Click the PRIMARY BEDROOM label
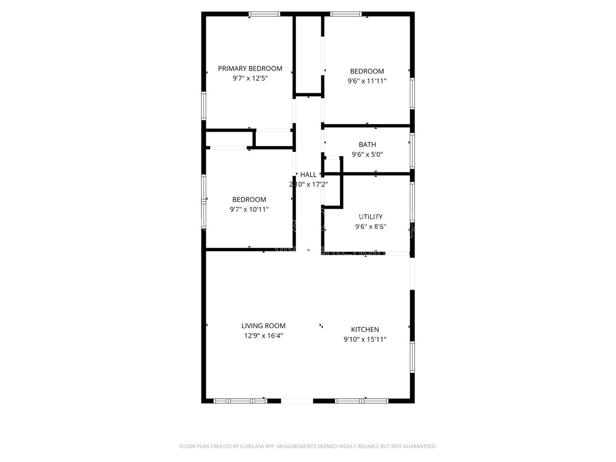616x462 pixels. point(250,68)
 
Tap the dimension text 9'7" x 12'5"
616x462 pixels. point(250,78)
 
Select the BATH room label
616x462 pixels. point(367,145)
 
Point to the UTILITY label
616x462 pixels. point(370,217)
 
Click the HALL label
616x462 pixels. point(308,175)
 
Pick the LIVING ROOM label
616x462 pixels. point(263,326)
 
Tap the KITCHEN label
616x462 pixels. point(365,329)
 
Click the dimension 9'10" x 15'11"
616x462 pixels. point(365,339)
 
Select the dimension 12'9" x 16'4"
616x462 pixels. point(263,336)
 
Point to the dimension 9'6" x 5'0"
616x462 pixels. point(367,154)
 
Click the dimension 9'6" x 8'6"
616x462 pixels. point(370,227)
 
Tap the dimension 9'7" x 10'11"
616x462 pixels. point(249,209)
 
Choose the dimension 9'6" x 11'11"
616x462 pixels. point(367,81)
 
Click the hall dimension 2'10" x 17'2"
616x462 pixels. point(308,184)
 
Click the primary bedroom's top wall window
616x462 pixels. point(265,14)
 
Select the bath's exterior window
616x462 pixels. point(412,151)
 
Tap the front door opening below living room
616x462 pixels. point(297,401)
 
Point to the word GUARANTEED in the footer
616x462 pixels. point(418,446)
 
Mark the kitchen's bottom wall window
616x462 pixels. point(361,401)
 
